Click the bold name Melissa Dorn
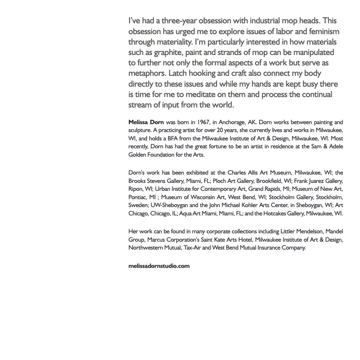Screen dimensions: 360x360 pyautogui.click(x=146, y=122)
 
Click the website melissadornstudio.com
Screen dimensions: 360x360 pyautogui.click(x=159, y=266)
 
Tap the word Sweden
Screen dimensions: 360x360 pyautogui.click(x=138, y=205)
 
